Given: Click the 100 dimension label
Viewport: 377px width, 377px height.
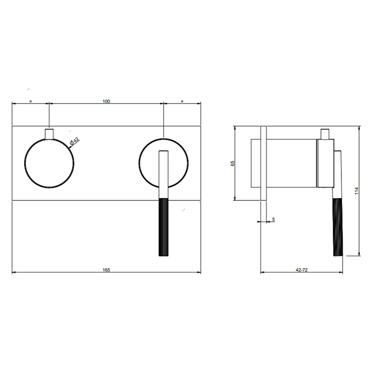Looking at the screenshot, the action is [x=106, y=101].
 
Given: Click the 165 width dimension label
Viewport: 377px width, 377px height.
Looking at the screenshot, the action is [x=106, y=270].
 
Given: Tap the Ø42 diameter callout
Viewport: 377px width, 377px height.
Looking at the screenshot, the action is [x=74, y=141].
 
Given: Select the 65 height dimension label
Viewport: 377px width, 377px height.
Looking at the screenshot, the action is [x=233, y=164].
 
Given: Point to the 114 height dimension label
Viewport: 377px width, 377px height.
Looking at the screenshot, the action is [x=357, y=191].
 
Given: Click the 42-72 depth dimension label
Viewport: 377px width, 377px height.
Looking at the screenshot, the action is [x=302, y=270].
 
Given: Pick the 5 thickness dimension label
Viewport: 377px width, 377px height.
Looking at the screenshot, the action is [x=274, y=219].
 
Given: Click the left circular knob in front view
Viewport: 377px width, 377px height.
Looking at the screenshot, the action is [x=50, y=139].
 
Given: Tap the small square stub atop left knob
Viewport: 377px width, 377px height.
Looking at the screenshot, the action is [x=50, y=134].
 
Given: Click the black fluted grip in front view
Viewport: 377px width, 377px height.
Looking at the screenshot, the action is [x=164, y=227].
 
